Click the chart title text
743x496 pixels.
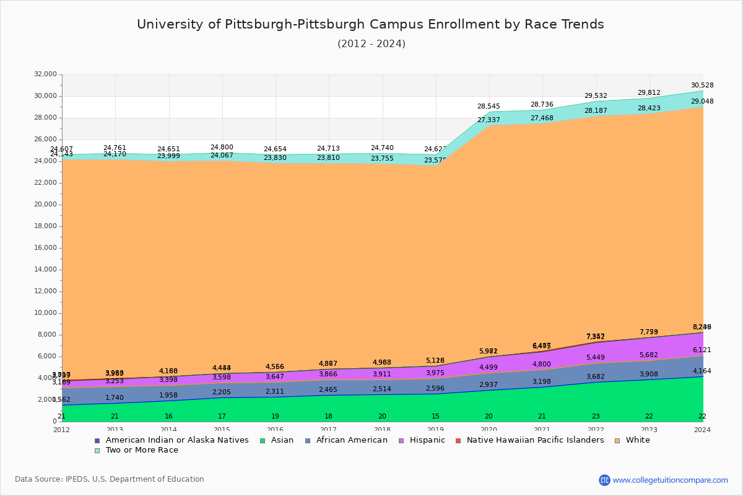(x=370, y=24)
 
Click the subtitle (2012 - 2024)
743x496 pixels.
(x=371, y=44)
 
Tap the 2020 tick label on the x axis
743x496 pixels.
(x=489, y=430)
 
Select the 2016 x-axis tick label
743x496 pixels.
(x=275, y=430)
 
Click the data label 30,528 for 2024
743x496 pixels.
(x=702, y=85)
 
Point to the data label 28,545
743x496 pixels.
(x=489, y=107)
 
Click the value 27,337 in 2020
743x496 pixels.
(x=489, y=120)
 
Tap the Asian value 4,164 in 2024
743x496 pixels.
(x=702, y=371)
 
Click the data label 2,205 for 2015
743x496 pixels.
(x=222, y=392)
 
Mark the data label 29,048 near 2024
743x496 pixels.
(x=702, y=101)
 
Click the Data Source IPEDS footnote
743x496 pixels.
(x=109, y=479)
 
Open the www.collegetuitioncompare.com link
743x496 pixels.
(x=670, y=480)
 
